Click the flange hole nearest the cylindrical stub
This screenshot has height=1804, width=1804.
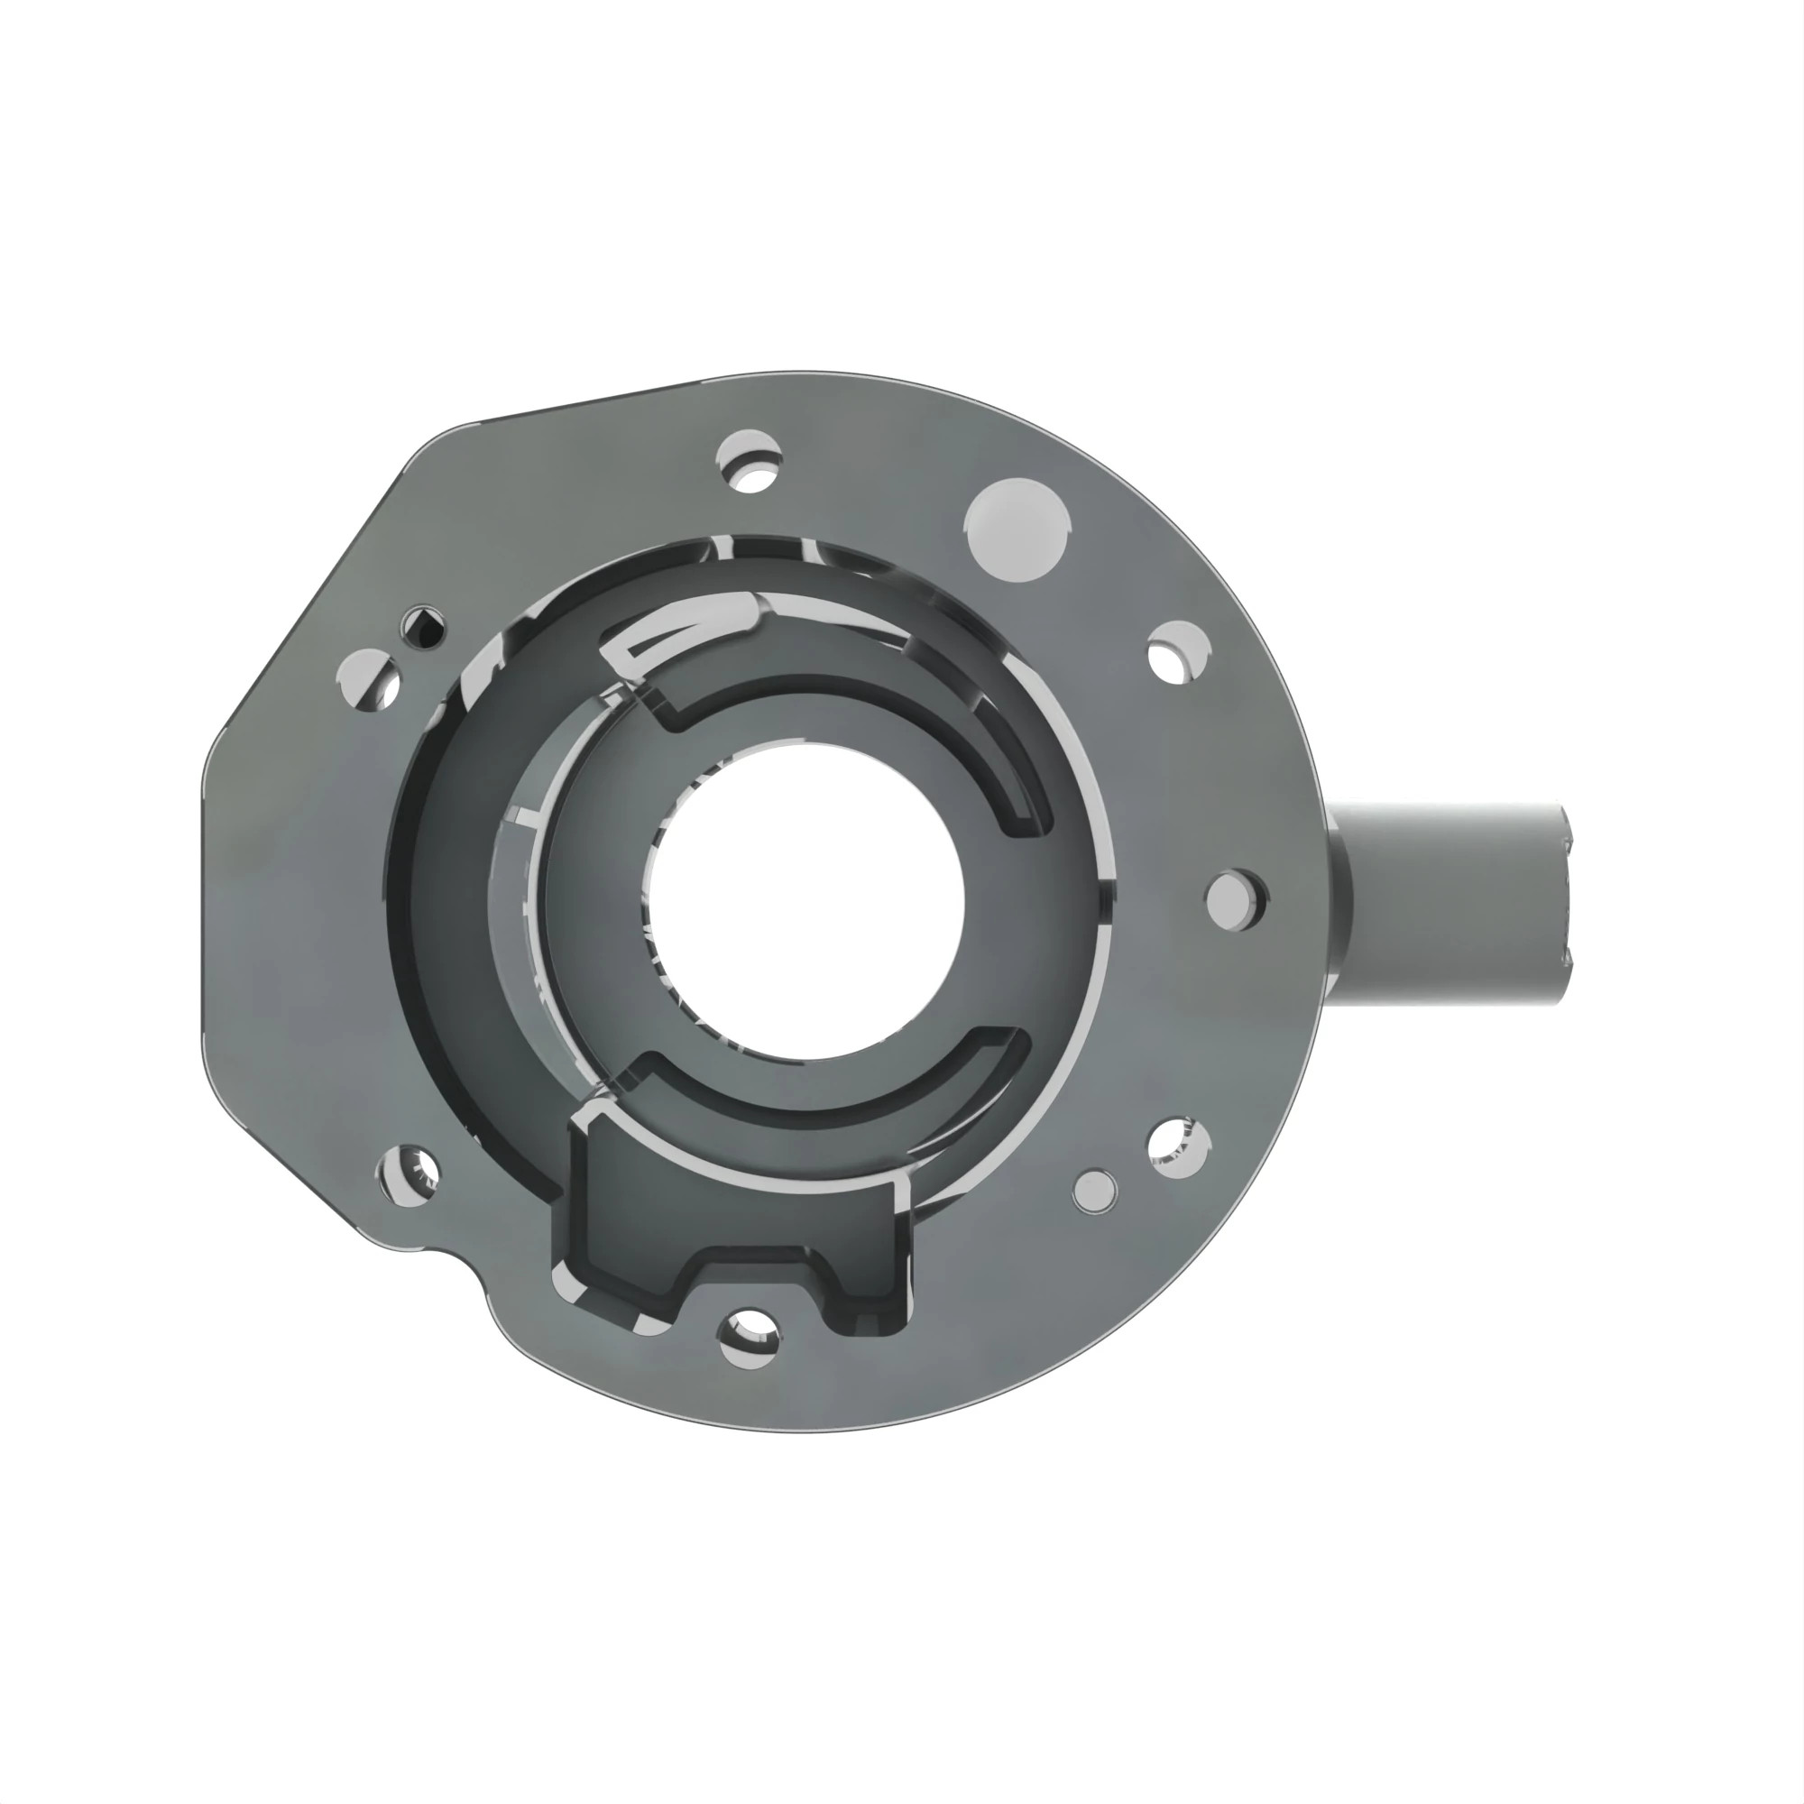1238,896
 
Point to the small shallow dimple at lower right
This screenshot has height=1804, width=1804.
1094,1191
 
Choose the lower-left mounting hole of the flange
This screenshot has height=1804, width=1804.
408,1173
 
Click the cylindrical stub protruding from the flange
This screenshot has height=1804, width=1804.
1457,903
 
